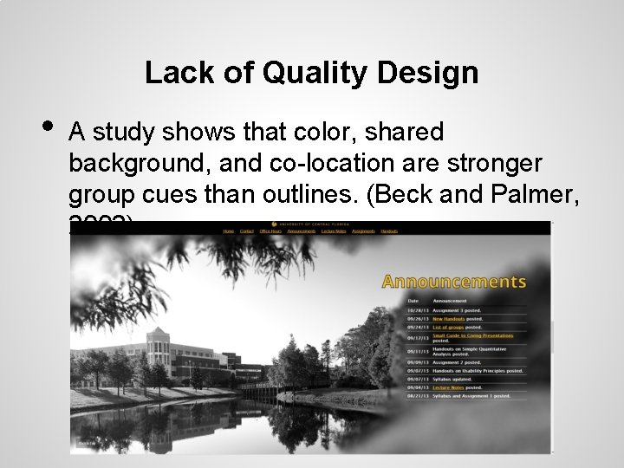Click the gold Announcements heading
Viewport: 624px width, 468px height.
pyautogui.click(x=453, y=282)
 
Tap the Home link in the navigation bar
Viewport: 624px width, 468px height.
pyautogui.click(x=229, y=231)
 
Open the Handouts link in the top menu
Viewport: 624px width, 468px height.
pyautogui.click(x=389, y=231)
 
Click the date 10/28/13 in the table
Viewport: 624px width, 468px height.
pyautogui.click(x=417, y=310)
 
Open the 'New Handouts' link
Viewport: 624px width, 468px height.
pyautogui.click(x=449, y=319)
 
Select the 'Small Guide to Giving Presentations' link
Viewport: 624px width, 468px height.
pyautogui.click(x=472, y=336)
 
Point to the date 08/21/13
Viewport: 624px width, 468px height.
pyautogui.click(x=417, y=396)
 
